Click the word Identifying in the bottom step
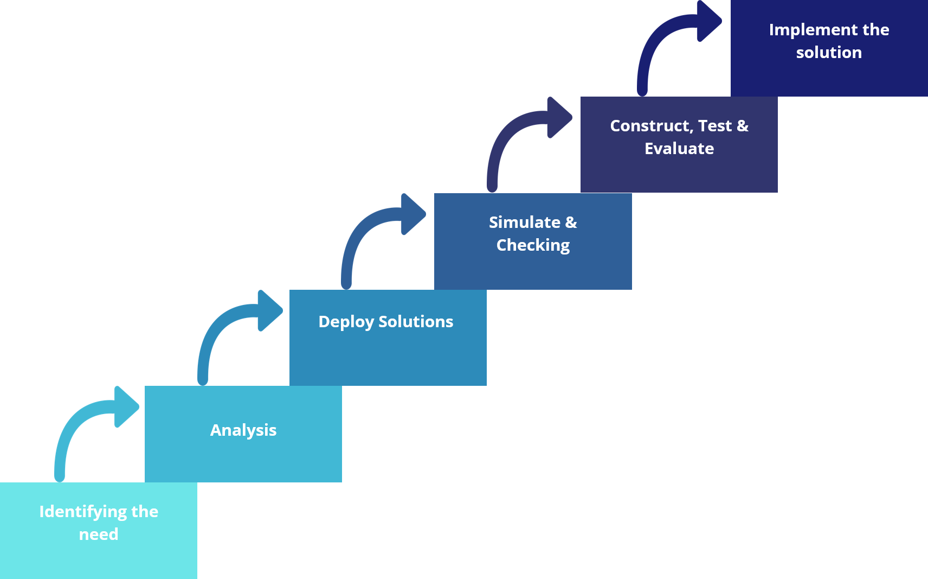83,512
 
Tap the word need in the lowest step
99,535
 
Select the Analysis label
243,430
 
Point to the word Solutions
416,322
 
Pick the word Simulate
525,222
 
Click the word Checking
533,245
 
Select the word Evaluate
679,149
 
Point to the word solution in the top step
829,53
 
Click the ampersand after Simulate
571,222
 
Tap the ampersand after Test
743,126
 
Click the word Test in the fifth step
715,126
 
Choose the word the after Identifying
145,512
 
